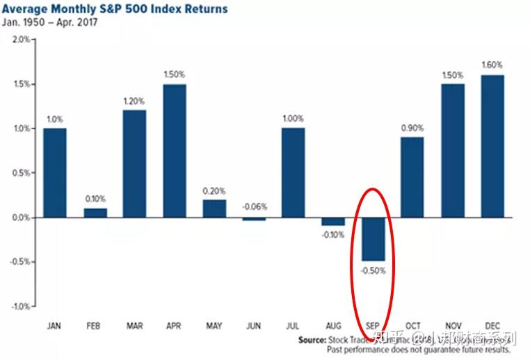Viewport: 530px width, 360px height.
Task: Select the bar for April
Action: [175, 150]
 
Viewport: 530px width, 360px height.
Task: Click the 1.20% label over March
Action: [134, 101]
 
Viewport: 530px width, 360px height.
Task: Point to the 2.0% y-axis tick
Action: [21, 40]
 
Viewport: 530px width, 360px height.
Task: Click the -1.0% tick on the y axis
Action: [19, 306]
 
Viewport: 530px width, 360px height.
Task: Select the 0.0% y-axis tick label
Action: [21, 218]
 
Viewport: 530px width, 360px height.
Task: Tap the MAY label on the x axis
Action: [214, 325]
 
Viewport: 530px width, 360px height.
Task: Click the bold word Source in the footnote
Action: [312, 340]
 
